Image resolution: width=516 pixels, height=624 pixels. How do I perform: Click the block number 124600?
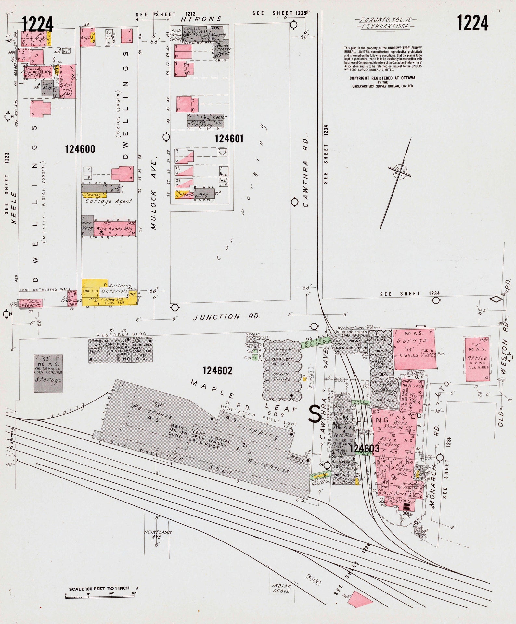(80, 149)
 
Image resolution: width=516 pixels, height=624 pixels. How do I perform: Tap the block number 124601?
(229, 139)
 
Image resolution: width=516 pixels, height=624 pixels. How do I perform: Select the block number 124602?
(217, 371)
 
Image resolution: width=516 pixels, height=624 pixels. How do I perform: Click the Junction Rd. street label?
(226, 317)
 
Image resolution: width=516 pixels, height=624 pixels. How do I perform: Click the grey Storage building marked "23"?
(48, 374)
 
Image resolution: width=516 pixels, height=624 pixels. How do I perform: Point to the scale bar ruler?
(100, 596)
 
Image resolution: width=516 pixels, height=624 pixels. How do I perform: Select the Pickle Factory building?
(206, 121)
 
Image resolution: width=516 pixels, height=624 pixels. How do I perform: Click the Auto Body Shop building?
(69, 82)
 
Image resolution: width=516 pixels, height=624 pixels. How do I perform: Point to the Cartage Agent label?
(109, 201)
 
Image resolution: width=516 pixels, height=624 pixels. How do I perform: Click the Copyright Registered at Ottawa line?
(382, 78)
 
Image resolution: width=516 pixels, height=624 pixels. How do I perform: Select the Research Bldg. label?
(122, 334)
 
